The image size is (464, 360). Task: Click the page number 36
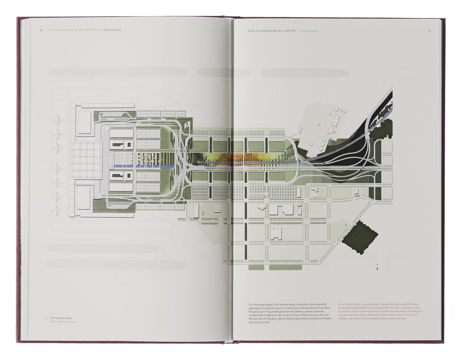pyautogui.click(x=41, y=30)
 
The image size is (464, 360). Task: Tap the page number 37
pyautogui.click(x=429, y=31)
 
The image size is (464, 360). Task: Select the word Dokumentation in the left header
pyautogui.click(x=112, y=30)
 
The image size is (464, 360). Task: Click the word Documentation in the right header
pyautogui.click(x=309, y=31)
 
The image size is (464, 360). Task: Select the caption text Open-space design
pyautogui.click(x=63, y=322)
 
